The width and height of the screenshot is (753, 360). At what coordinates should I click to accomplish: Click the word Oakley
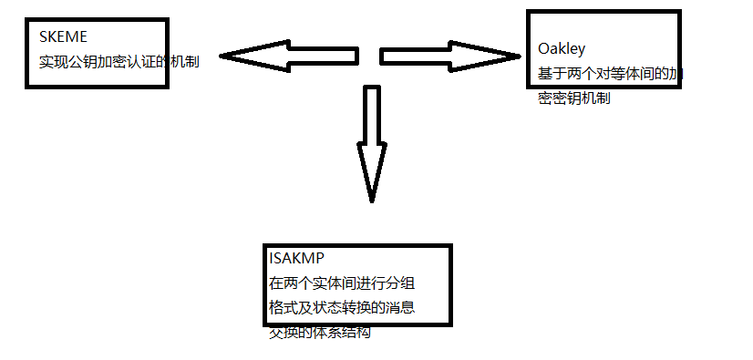[x=562, y=49]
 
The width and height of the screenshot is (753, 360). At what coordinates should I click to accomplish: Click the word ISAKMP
[x=294, y=256]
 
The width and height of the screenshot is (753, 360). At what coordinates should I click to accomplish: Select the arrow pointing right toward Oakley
[x=447, y=57]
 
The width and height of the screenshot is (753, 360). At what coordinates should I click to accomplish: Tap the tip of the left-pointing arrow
[x=222, y=57]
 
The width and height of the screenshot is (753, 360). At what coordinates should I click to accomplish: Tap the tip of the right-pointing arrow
[x=518, y=57]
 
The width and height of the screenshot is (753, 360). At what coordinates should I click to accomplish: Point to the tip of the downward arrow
[x=371, y=200]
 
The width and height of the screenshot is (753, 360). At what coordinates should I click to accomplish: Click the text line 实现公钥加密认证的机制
[x=119, y=61]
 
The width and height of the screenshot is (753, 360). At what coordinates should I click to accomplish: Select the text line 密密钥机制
[x=574, y=98]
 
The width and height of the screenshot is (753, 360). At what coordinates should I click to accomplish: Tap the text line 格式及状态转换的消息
[x=343, y=307]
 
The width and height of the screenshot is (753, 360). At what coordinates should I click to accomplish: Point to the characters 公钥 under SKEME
[x=87, y=61]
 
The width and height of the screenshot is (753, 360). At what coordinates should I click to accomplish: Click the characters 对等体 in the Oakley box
[x=614, y=74]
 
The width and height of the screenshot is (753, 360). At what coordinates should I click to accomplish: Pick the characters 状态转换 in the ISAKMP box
[x=343, y=307]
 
